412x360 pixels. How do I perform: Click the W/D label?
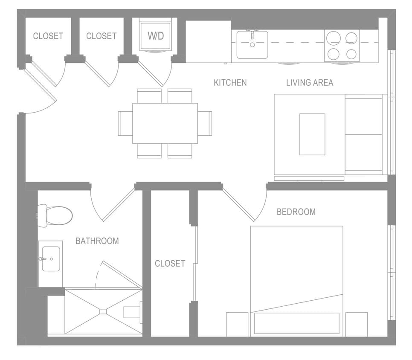pyautogui.click(x=156, y=36)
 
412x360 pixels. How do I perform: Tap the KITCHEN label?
pyautogui.click(x=230, y=82)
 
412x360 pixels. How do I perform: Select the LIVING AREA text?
pyautogui.click(x=309, y=82)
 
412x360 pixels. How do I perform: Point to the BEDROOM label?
pyautogui.click(x=296, y=212)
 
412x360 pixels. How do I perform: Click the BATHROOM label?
pyautogui.click(x=97, y=241)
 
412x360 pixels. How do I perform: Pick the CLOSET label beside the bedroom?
pyautogui.click(x=170, y=264)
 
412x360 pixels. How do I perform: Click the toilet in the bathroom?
pyautogui.click(x=55, y=215)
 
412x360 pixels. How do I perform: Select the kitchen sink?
pyautogui.click(x=252, y=44)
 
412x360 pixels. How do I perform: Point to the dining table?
pyautogui.click(x=165, y=123)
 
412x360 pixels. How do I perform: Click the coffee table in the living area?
pyautogui.click(x=312, y=134)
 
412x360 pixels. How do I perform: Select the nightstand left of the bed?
pyautogui.click(x=237, y=324)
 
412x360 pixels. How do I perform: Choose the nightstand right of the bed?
pyautogui.click(x=356, y=324)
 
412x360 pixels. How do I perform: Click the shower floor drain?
pyautogui.click(x=103, y=311)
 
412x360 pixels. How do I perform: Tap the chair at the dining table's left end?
pyautogui.click(x=125, y=123)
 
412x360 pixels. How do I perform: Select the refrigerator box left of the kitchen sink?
pyautogui.click(x=208, y=41)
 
